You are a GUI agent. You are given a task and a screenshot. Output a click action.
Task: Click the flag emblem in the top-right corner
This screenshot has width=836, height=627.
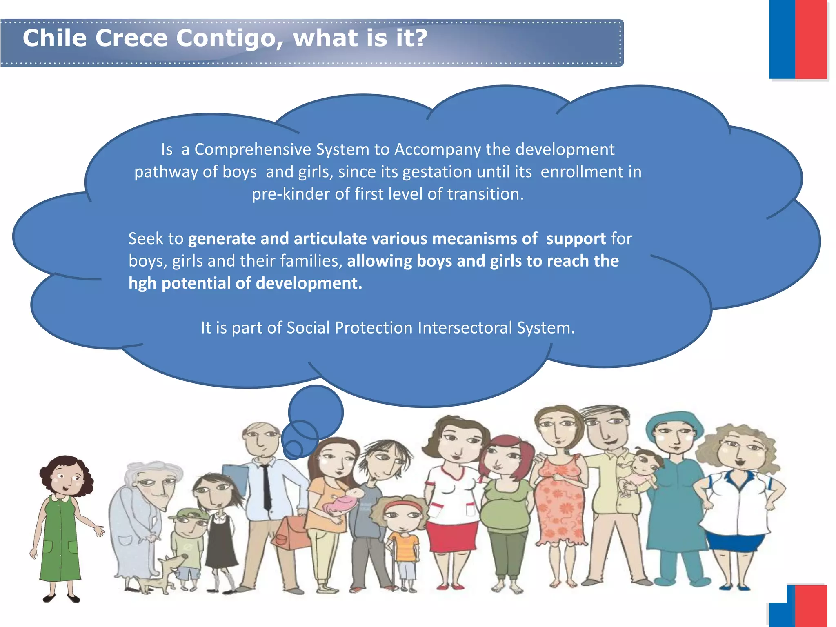coord(798,39)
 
